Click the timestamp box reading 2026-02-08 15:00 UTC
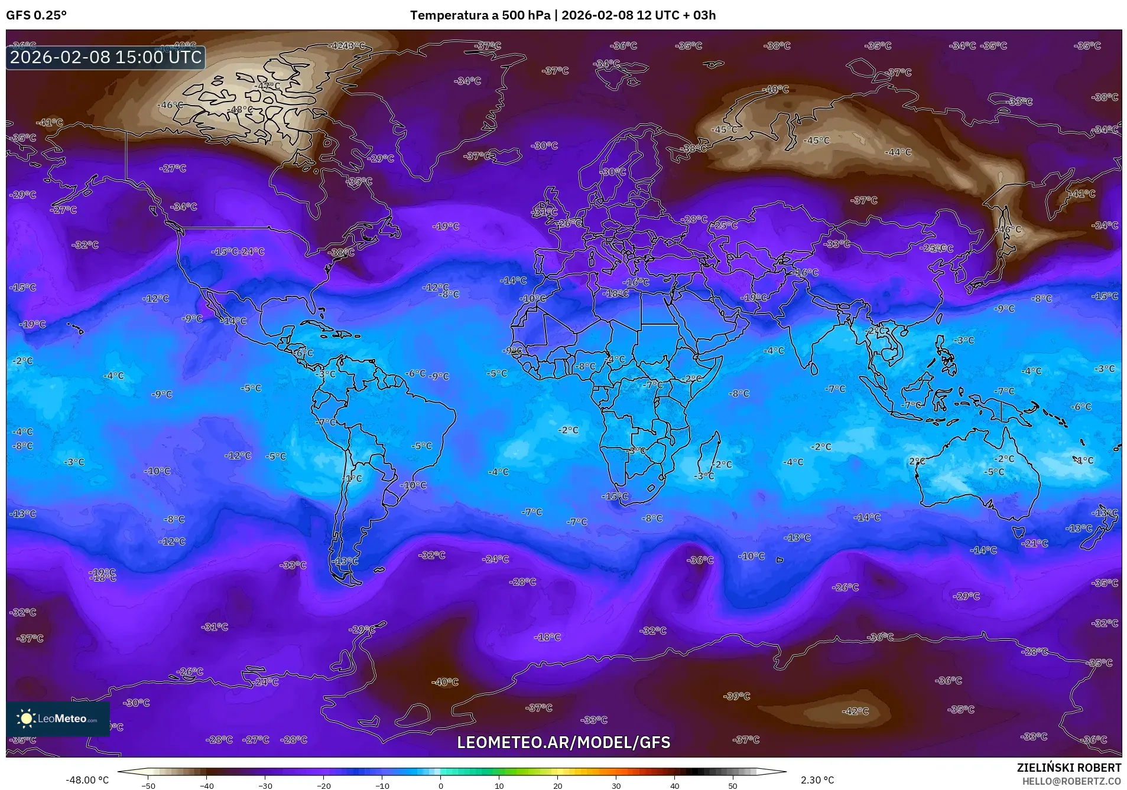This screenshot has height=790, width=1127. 106,57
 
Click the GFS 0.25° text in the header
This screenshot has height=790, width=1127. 36,15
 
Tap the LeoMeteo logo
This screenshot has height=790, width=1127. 58,719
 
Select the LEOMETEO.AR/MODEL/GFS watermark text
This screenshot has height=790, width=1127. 563,742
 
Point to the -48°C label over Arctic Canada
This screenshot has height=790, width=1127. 241,110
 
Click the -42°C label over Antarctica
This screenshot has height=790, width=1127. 855,711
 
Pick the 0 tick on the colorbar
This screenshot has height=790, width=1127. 440,785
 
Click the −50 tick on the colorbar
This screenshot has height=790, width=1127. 148,785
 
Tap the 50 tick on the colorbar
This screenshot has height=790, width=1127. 733,785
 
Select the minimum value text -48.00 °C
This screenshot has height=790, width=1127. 87,780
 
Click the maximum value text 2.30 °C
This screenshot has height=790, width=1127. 817,780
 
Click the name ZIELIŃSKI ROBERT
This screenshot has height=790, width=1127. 1068,768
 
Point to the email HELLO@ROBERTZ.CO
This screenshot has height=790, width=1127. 1071,781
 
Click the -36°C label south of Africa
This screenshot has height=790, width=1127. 700,560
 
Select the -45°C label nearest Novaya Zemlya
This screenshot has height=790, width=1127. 725,129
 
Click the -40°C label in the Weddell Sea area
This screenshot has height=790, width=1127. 445,682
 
